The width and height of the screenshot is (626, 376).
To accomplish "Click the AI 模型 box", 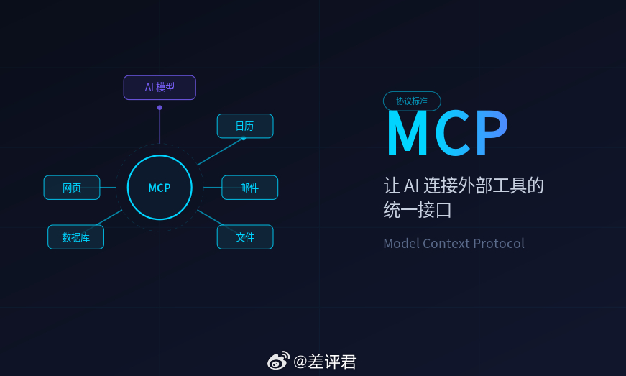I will point(160,88).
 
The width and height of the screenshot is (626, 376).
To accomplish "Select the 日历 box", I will point(245,126).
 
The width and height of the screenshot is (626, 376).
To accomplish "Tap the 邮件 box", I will point(249,188).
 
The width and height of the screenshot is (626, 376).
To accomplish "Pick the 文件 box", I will point(245,237).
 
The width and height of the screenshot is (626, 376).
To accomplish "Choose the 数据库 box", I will point(75,237).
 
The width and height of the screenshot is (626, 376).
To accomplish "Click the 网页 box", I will point(72,188).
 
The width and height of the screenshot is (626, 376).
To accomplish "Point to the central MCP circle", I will point(160,188).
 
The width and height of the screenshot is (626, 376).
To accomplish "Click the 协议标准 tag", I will point(412,101).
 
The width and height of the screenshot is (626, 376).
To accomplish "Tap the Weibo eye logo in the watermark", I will point(278,361).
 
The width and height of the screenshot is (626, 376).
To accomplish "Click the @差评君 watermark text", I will point(325,362).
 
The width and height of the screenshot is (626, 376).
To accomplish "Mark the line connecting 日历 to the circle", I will point(220,152).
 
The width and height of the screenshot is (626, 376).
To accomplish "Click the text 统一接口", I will point(418,211).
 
